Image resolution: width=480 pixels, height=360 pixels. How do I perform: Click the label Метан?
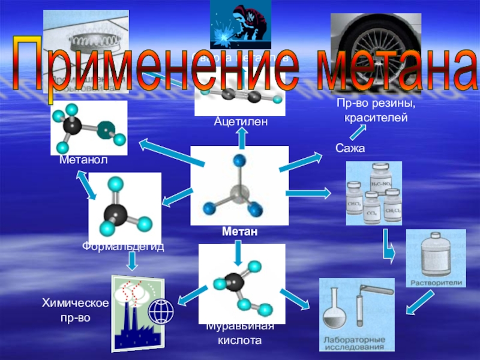click(239, 232)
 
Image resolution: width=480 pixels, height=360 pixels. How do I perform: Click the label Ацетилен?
click(240, 122)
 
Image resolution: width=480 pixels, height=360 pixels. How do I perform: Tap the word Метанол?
click(83, 160)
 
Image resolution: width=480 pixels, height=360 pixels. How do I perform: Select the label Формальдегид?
click(124, 247)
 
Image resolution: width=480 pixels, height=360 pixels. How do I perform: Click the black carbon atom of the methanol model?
click(73, 126)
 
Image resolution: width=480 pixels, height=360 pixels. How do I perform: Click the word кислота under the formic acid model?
click(240, 340)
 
